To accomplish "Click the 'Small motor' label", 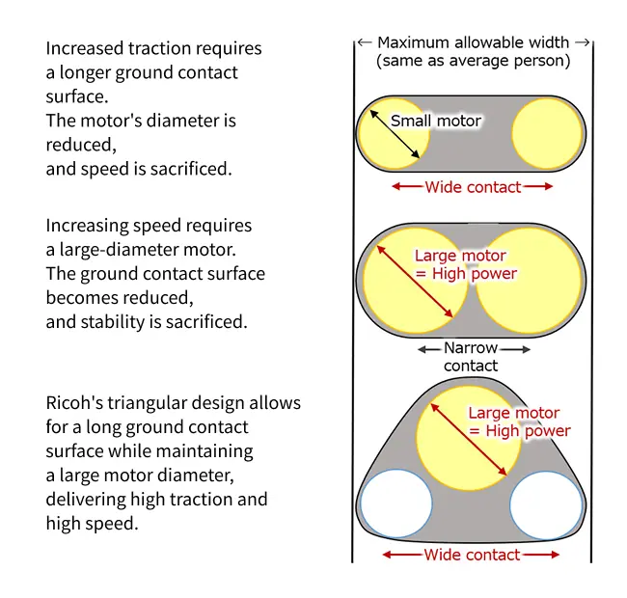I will pyautogui.click(x=435, y=122).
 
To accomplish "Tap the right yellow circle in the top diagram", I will pyautogui.click(x=548, y=134).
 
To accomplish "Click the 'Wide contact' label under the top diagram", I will pyautogui.click(x=473, y=187).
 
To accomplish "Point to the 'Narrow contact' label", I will pyautogui.click(x=471, y=357).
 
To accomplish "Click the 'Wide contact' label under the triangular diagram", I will pyautogui.click(x=471, y=555).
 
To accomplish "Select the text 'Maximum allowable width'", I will pyautogui.click(x=473, y=42).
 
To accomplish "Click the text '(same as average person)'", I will pyautogui.click(x=473, y=61).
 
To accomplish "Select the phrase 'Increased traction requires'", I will pyautogui.click(x=153, y=48).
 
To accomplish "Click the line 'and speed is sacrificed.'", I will pyautogui.click(x=140, y=168).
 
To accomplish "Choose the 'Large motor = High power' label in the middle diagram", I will pyautogui.click(x=466, y=264).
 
